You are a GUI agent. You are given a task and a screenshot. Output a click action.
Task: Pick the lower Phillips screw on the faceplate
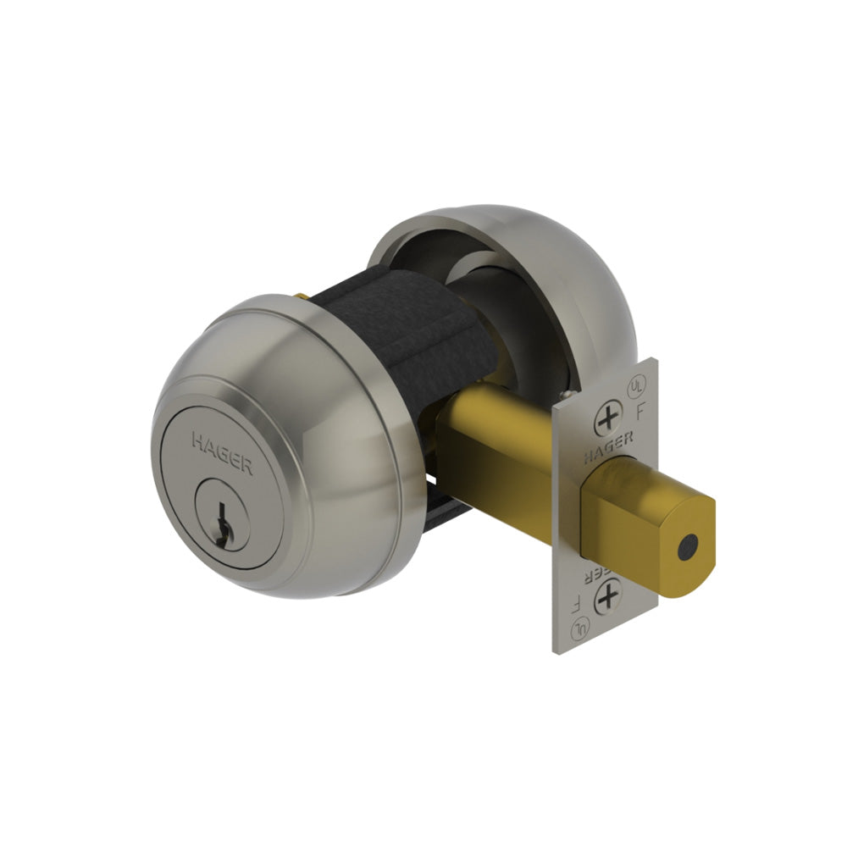(x=607, y=598)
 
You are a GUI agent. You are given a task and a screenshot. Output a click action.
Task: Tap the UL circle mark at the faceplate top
(x=634, y=385)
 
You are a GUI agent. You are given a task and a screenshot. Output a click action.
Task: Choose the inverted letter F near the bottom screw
(x=577, y=603)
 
